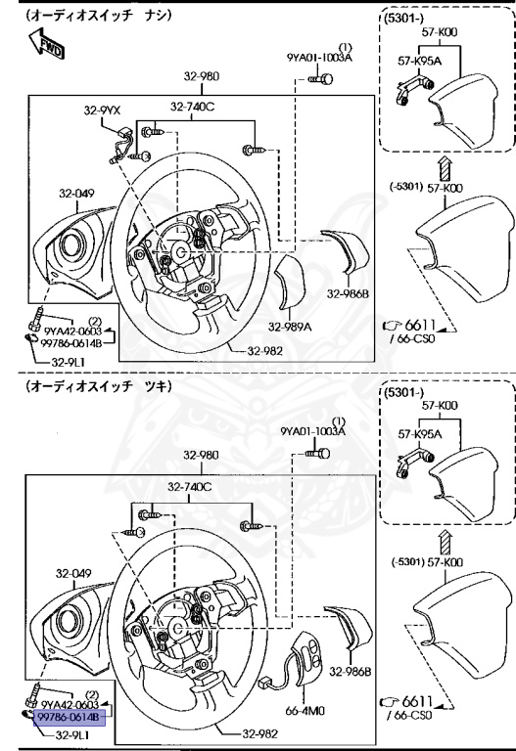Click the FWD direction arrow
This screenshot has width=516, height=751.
click(x=47, y=44)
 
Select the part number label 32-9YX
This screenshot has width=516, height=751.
click(x=102, y=110)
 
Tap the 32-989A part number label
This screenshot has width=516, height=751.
click(x=290, y=327)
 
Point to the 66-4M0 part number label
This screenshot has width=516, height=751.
click(x=305, y=710)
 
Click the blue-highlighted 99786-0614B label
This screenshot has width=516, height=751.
click(x=69, y=717)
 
